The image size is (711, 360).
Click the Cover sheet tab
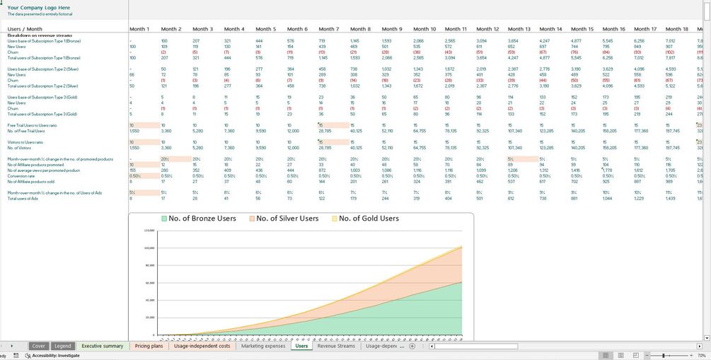[38, 347]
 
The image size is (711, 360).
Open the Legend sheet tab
[62, 347]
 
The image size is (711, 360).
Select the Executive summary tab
[102, 347]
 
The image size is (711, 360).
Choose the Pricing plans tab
[149, 347]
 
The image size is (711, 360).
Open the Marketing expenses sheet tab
[262, 347]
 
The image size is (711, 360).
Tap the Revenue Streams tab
[336, 347]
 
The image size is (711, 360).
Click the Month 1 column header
[139, 29]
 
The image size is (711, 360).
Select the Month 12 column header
[488, 29]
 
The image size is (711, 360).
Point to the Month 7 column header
[329, 29]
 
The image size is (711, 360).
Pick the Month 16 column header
[613, 29]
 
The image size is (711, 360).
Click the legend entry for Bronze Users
[199, 219]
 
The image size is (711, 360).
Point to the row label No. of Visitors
[21, 147]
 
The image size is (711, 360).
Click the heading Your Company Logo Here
[38, 8]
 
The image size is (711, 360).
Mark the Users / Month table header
[25, 29]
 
